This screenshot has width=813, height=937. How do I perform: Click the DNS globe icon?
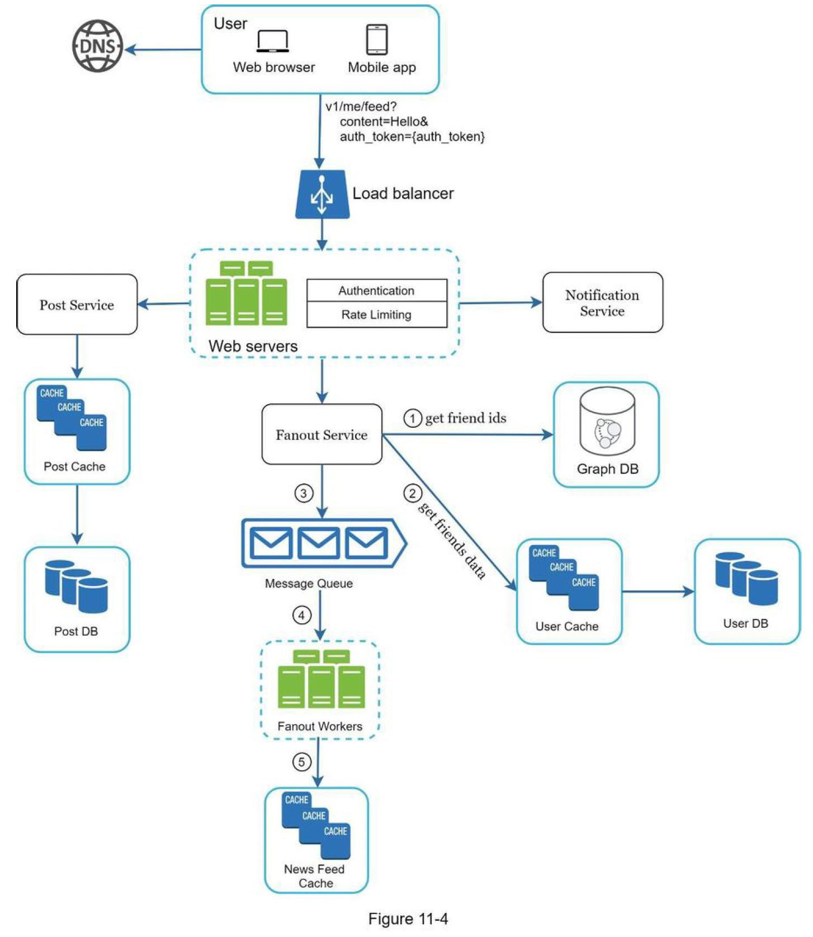click(98, 46)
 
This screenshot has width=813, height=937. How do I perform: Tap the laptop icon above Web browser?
click(273, 41)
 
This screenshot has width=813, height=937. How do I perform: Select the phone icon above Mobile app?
click(376, 39)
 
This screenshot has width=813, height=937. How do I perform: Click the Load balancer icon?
click(322, 194)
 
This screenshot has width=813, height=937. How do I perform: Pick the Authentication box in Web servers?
click(376, 291)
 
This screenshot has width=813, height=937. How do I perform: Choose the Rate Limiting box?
click(376, 315)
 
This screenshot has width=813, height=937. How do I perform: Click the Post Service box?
click(77, 305)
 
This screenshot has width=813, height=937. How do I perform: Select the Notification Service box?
click(602, 303)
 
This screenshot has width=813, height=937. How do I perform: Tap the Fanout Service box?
click(322, 434)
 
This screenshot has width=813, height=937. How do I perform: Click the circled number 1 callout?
click(413, 418)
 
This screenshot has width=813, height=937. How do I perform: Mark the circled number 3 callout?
click(304, 494)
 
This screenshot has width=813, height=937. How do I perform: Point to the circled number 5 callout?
click(302, 762)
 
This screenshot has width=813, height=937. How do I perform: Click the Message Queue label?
click(309, 584)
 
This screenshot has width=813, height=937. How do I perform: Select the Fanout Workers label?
click(320, 726)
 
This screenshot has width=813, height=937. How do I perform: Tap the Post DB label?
click(76, 631)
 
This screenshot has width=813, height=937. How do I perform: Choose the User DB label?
click(745, 623)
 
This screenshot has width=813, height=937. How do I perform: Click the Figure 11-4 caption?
click(408, 919)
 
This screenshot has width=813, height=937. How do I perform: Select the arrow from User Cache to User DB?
click(658, 591)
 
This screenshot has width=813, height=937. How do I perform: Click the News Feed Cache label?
click(315, 876)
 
